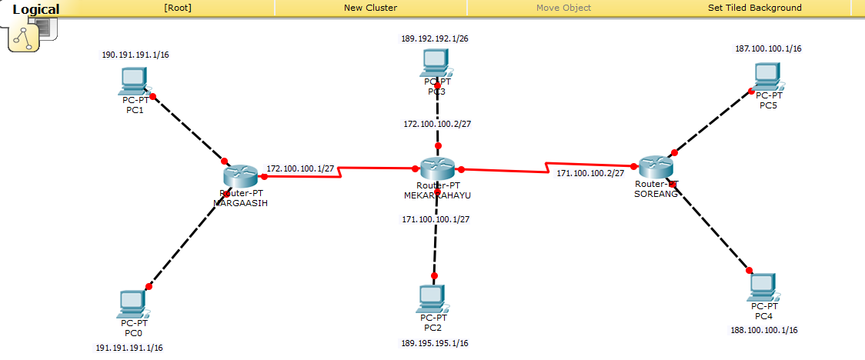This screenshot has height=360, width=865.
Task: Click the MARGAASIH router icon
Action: pos(240,176)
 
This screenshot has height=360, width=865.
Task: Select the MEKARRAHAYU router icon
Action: pos(436,168)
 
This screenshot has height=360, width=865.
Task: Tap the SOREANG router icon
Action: pos(656,167)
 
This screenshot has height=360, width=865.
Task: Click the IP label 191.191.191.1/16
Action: pos(129,348)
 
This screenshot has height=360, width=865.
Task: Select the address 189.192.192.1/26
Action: pos(435,38)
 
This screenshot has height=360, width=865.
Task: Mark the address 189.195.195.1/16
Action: pos(435,343)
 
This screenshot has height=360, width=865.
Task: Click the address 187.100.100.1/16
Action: pos(768,48)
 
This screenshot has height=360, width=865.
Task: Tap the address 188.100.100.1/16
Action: pos(763,330)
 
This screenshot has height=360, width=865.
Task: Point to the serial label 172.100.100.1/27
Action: pos(300,168)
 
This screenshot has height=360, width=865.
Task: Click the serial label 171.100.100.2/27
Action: pos(590,174)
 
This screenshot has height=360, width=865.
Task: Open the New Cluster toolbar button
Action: pos(370,8)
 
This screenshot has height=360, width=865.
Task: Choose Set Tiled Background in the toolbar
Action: pos(754,8)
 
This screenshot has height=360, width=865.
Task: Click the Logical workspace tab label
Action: pos(36,9)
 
